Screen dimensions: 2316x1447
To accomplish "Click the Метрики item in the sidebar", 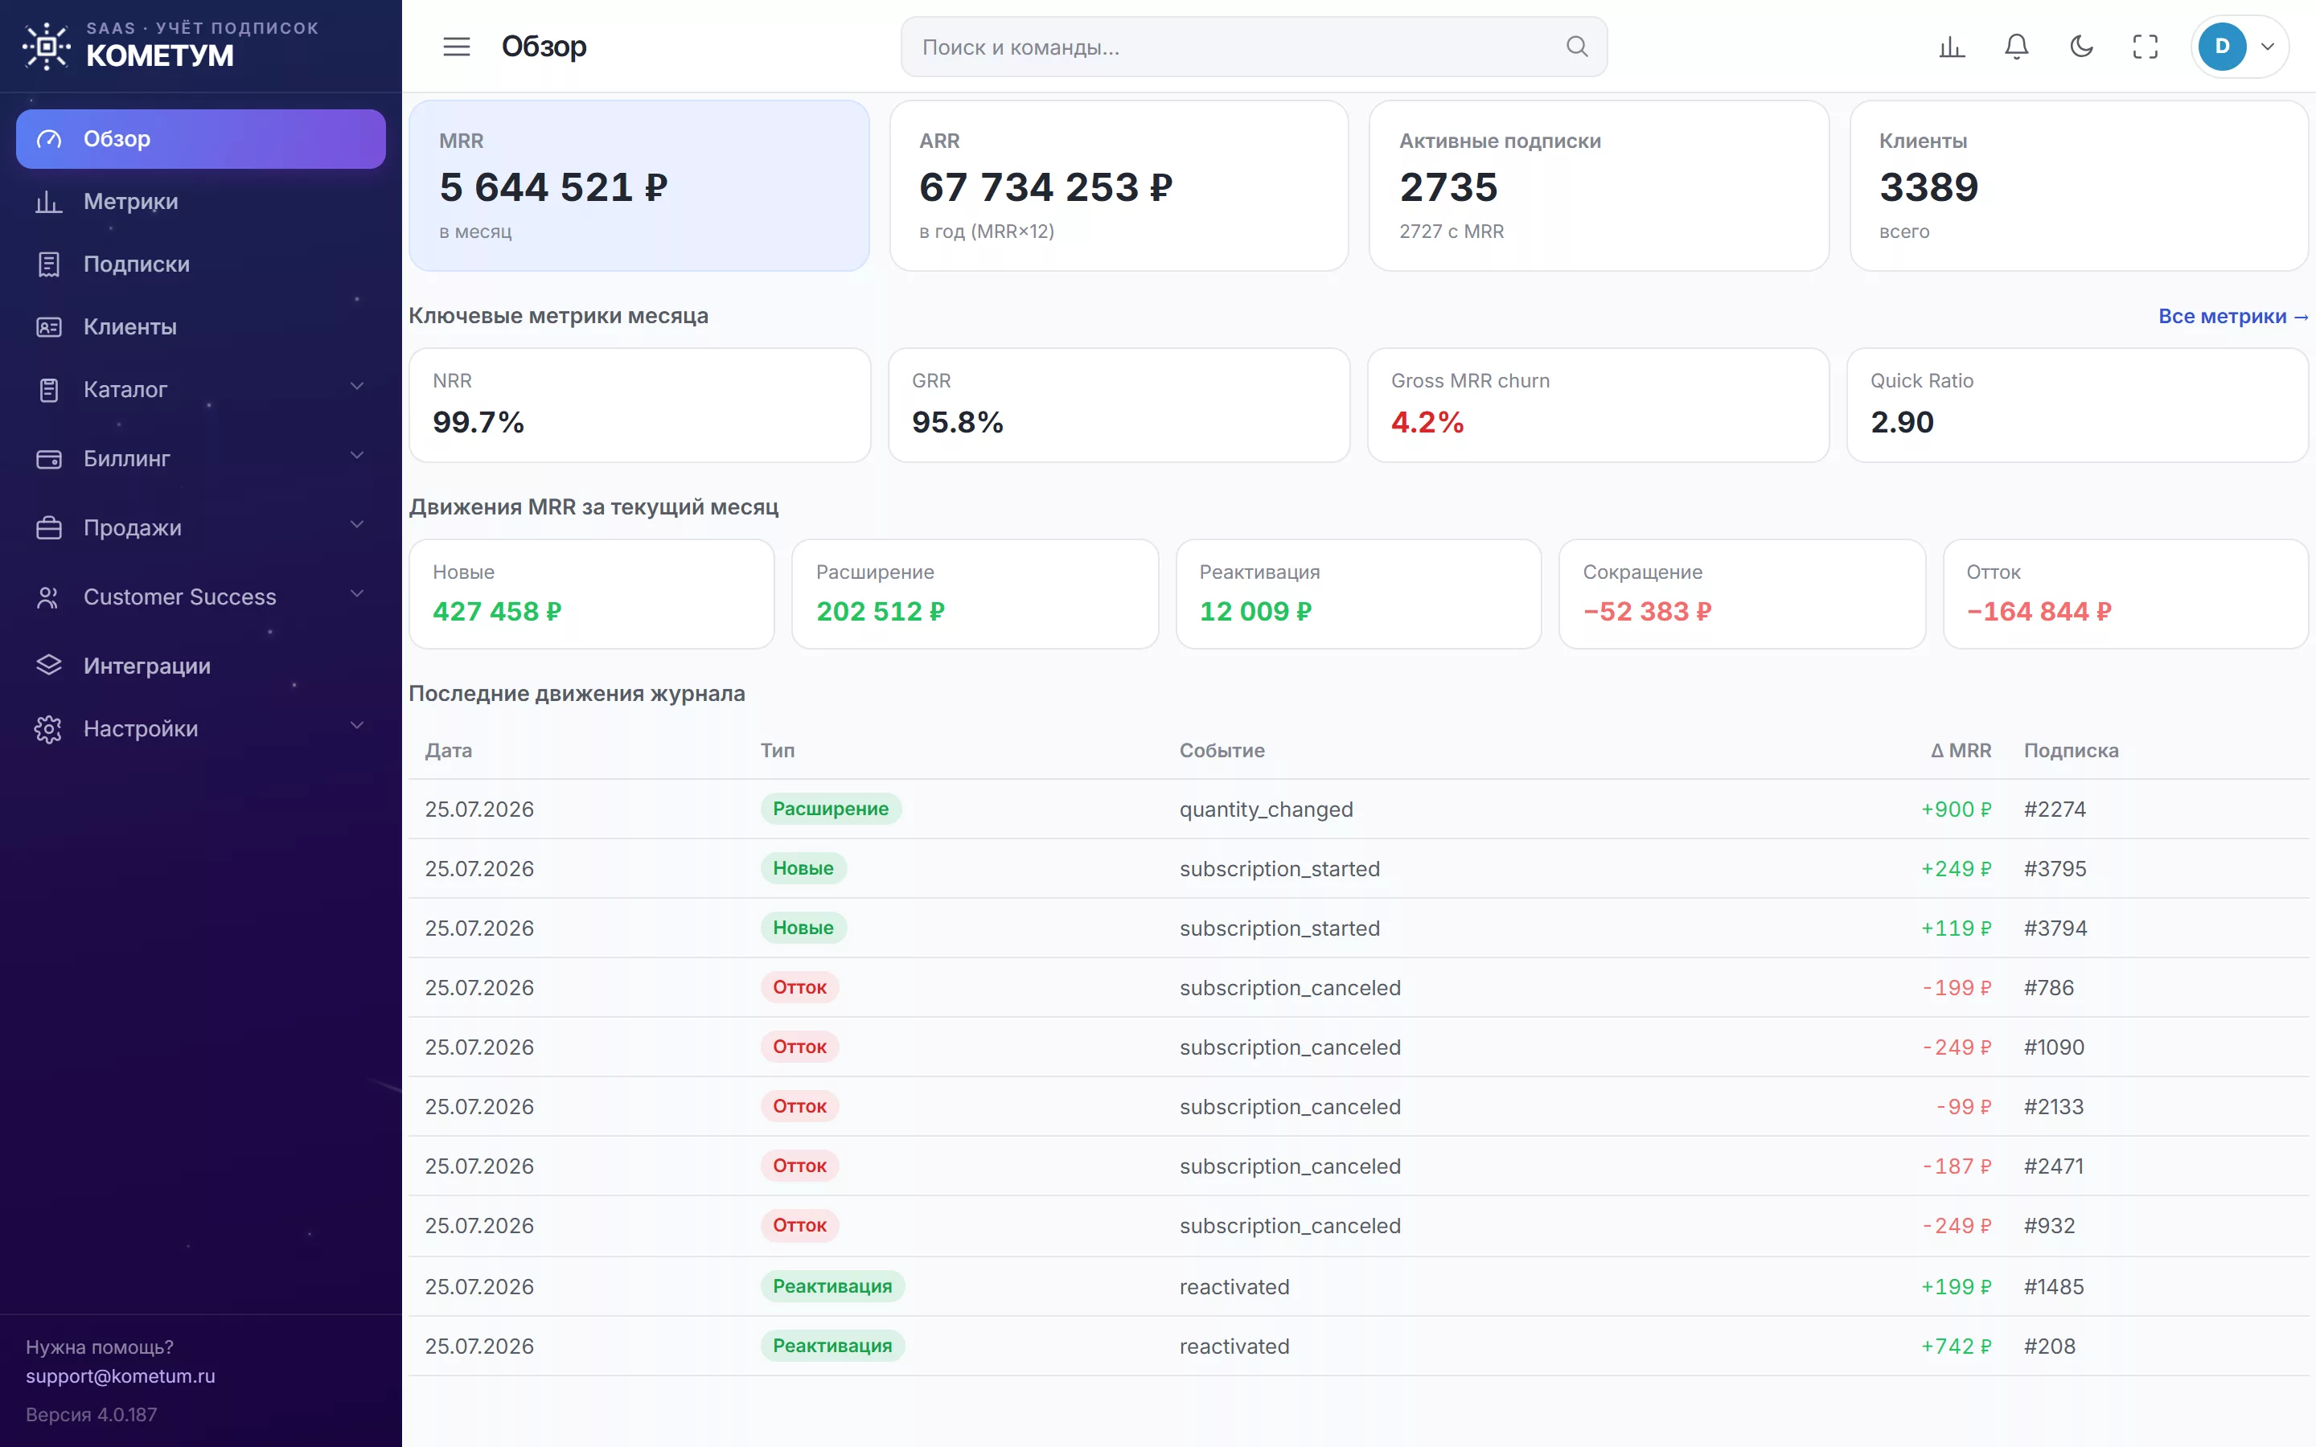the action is pyautogui.click(x=130, y=201).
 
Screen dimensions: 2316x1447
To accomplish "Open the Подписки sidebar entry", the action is pyautogui.click(x=136, y=264).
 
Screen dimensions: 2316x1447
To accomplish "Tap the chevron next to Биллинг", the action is pyautogui.click(x=357, y=456).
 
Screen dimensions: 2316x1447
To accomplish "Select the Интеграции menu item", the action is pyautogui.click(x=146, y=666).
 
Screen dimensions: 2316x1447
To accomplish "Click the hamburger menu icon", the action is pyautogui.click(x=457, y=46).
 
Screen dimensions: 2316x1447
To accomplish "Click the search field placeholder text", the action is pyautogui.click(x=1020, y=47).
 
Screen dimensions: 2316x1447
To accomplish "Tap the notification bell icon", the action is pyautogui.click(x=2017, y=46).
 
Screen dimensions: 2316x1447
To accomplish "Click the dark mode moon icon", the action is pyautogui.click(x=2080, y=46).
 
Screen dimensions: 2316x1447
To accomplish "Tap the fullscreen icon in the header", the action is pyautogui.click(x=2145, y=46).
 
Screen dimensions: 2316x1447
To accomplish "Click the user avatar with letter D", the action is pyautogui.click(x=2221, y=46).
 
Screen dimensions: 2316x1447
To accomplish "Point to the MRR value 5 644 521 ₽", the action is pyautogui.click(x=553, y=187).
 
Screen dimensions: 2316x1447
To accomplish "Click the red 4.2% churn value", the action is pyautogui.click(x=1427, y=422).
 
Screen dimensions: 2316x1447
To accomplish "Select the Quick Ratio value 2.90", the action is pyautogui.click(x=1902, y=422).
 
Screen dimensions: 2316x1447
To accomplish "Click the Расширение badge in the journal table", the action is pyautogui.click(x=831, y=809).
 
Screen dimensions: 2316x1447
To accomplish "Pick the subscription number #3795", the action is pyautogui.click(x=2055, y=869).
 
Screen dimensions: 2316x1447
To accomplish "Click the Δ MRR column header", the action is pyautogui.click(x=1960, y=750).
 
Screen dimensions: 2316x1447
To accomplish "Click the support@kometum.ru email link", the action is pyautogui.click(x=121, y=1375).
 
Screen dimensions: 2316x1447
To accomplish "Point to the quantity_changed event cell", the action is pyautogui.click(x=1266, y=810).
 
